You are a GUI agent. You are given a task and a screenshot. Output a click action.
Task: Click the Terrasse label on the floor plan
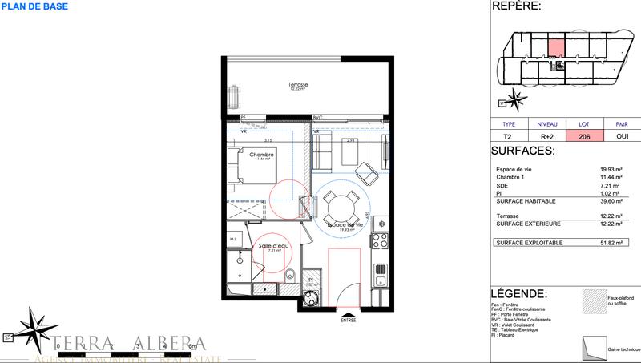[299, 85]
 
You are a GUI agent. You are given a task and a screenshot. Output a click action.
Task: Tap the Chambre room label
[261, 155]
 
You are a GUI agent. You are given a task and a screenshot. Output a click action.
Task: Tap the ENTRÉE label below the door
[348, 321]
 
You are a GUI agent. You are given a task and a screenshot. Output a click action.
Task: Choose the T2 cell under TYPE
[508, 137]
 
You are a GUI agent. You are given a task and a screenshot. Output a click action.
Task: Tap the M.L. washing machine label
[233, 240]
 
